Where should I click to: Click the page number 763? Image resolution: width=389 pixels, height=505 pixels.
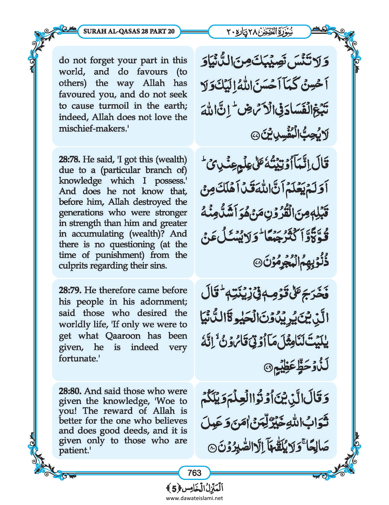pos(194,473)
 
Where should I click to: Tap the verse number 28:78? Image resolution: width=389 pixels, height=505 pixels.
pos(69,159)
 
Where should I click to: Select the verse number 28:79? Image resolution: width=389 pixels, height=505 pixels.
pos(70,290)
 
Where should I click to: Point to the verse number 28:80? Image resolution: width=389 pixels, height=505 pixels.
pos(70,391)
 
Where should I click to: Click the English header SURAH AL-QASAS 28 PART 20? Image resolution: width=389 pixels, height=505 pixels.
pos(129,31)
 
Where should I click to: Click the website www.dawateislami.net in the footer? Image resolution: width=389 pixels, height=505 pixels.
pos(194,498)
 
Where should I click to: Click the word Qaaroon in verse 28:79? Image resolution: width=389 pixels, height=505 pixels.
pos(123,336)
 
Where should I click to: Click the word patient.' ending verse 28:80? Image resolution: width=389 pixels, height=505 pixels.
pos(74,450)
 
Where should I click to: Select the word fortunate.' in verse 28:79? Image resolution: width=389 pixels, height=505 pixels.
pos(79,358)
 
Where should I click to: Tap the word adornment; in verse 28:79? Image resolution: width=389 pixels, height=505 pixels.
pos(164,302)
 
